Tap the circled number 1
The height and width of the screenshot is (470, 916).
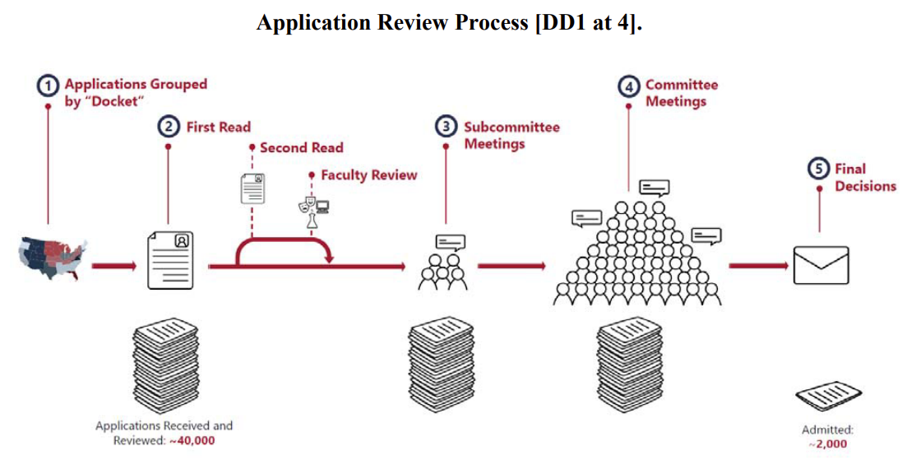click(x=49, y=85)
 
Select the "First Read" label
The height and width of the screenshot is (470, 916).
click(x=218, y=127)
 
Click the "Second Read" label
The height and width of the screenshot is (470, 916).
click(x=301, y=148)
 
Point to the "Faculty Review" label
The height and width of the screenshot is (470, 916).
click(x=368, y=175)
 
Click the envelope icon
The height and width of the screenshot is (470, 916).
click(x=821, y=265)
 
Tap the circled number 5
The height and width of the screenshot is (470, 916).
click(x=820, y=169)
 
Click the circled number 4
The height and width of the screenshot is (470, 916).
click(x=629, y=86)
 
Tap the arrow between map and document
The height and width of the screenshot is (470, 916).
click(x=113, y=266)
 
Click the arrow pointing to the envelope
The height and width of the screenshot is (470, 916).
click(x=756, y=266)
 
